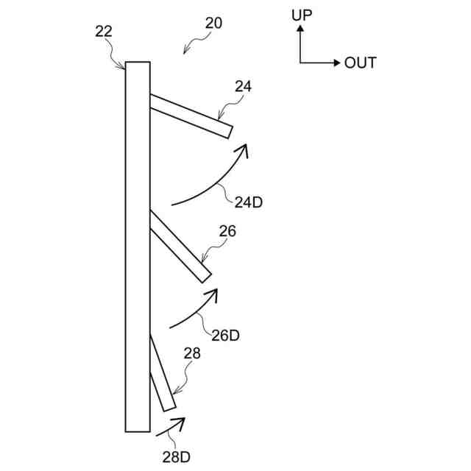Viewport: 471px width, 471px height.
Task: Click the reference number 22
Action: click(x=104, y=31)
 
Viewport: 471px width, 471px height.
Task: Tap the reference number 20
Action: click(x=213, y=23)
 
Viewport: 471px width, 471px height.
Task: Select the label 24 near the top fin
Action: click(x=243, y=86)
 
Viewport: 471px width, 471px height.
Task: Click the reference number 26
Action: click(x=227, y=231)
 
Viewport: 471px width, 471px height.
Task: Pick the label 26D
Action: click(x=225, y=336)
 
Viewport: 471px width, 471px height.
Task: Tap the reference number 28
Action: click(x=191, y=354)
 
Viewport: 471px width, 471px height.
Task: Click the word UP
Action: click(x=302, y=15)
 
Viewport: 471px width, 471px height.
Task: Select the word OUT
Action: click(x=361, y=63)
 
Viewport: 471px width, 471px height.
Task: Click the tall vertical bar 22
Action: click(x=138, y=247)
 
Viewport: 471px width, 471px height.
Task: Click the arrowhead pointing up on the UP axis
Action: click(x=300, y=29)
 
